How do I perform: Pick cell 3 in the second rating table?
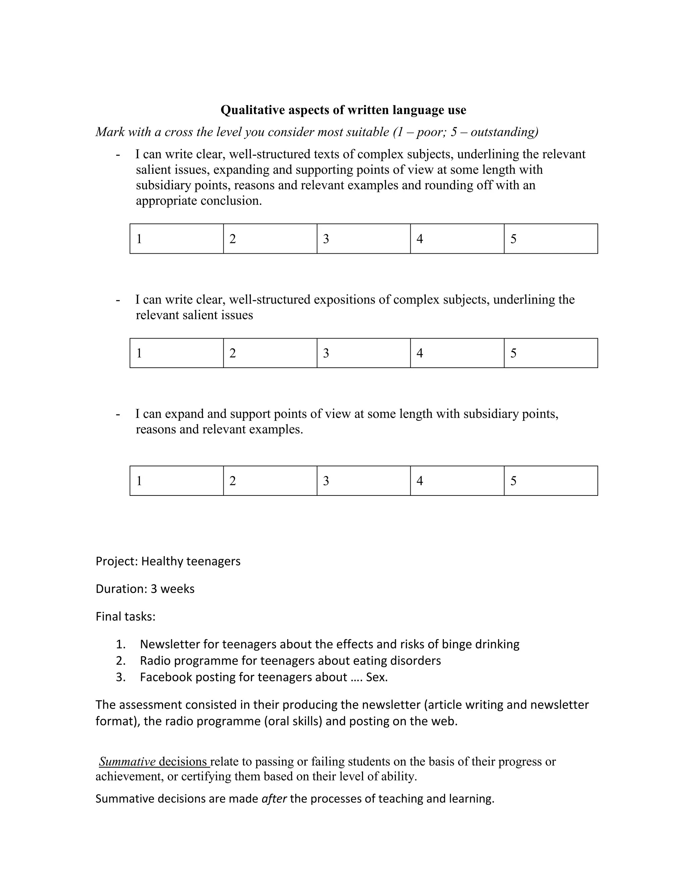coord(363,353)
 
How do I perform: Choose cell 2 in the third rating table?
coord(270,481)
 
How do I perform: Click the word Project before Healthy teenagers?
coord(116,561)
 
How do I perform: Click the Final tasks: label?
coord(125,616)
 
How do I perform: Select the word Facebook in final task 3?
coord(166,677)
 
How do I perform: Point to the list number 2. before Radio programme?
coord(120,660)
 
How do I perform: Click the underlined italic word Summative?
coord(127,761)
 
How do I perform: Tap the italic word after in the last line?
coord(274,799)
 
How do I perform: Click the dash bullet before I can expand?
coord(118,414)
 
